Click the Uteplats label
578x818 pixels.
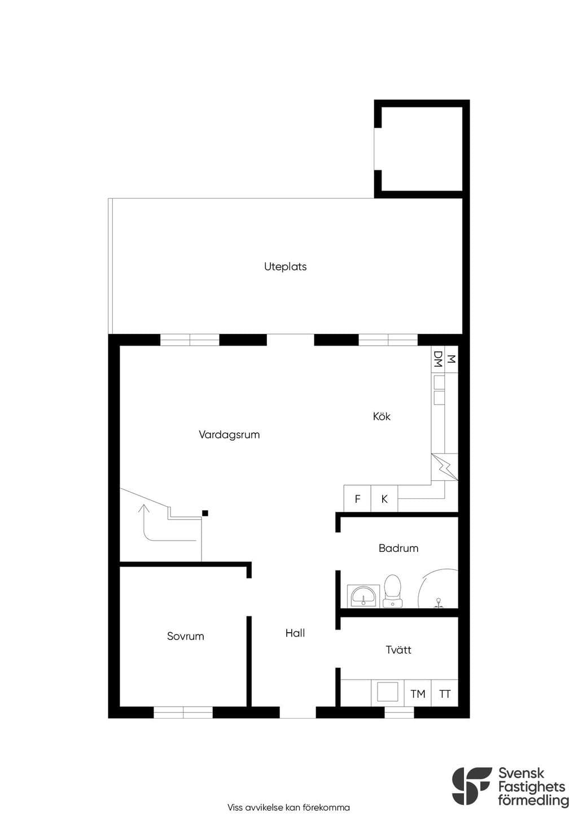click(x=285, y=267)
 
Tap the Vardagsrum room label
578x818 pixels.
click(x=229, y=434)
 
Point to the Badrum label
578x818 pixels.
click(x=398, y=548)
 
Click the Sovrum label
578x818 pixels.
click(x=185, y=636)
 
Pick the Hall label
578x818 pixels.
click(x=295, y=633)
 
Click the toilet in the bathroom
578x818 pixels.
click(x=392, y=591)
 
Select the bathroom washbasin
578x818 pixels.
click(x=363, y=597)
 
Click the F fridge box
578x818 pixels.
click(x=357, y=498)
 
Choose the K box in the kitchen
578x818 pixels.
click(x=384, y=498)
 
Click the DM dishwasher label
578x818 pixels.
click(x=437, y=359)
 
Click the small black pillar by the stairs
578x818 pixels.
click(x=205, y=513)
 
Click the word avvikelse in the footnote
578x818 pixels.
click(x=261, y=807)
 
